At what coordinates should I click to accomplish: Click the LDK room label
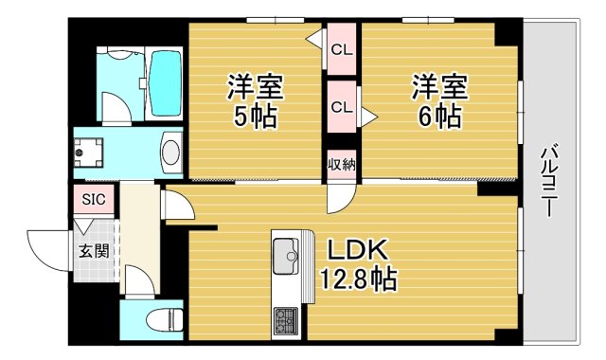[358, 249]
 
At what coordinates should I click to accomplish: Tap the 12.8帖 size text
[357, 279]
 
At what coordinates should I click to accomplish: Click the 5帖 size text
[254, 117]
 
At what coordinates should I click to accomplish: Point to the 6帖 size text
[438, 116]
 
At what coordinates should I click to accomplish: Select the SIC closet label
[94, 200]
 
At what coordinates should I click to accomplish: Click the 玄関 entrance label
[93, 252]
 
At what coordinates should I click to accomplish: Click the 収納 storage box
[342, 165]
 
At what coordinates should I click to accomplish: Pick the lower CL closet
[342, 107]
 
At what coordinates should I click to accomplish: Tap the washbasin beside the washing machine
[171, 152]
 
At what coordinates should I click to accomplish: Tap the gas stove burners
[285, 320]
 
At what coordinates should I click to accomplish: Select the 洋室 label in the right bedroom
[438, 87]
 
